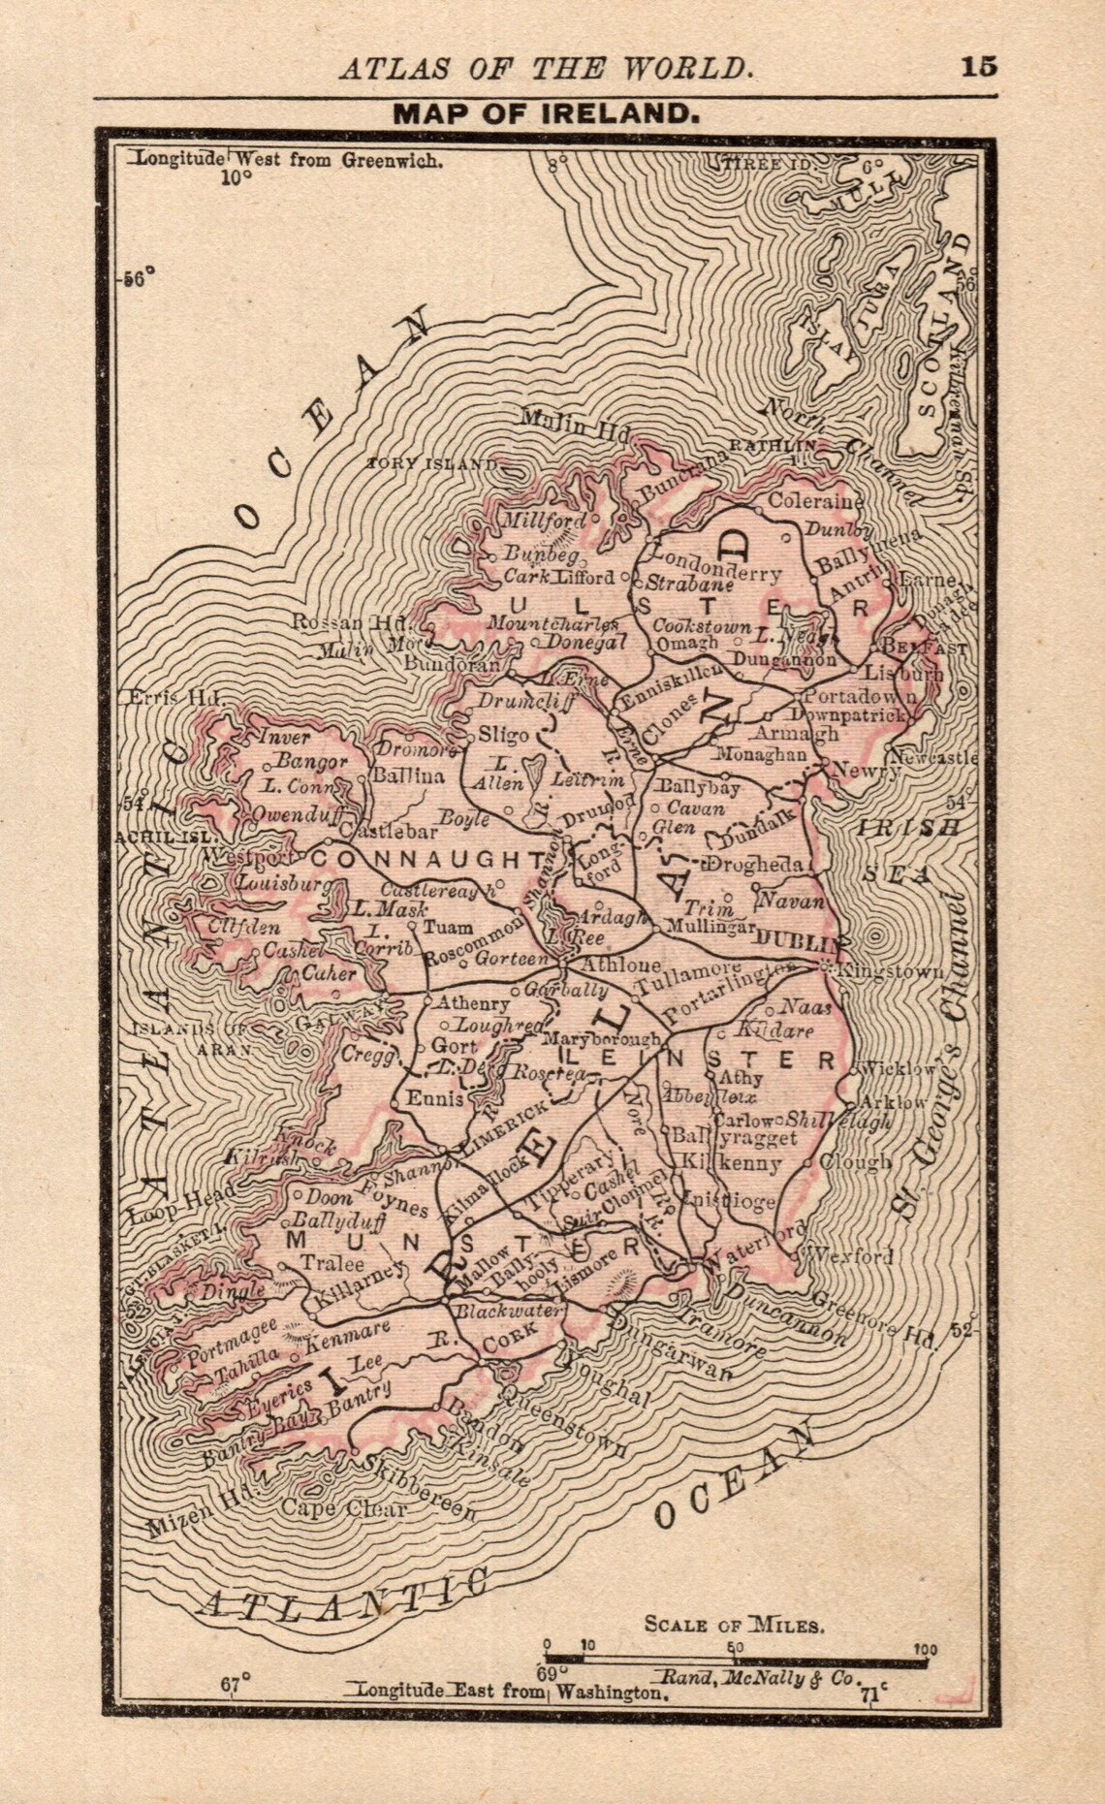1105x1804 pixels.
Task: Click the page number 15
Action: (x=978, y=67)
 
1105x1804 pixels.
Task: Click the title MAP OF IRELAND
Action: (x=546, y=113)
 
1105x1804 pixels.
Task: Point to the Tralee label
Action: (x=332, y=1263)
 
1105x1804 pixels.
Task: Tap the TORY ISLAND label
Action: (x=432, y=464)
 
